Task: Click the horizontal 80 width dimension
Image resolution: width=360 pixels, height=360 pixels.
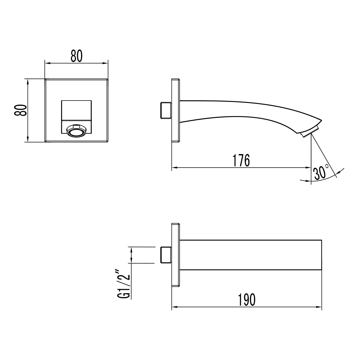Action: tap(76, 56)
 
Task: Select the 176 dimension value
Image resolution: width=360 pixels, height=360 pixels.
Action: tap(241, 160)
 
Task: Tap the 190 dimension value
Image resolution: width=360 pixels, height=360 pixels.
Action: tap(247, 300)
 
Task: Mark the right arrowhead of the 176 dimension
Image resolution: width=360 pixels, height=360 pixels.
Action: tap(308, 167)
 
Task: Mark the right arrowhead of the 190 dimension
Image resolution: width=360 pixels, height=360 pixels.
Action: tap(319, 307)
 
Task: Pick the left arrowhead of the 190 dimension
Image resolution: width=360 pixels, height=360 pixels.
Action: tap(174, 307)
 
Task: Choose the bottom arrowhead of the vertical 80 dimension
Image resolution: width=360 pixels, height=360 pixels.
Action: tap(28, 139)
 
